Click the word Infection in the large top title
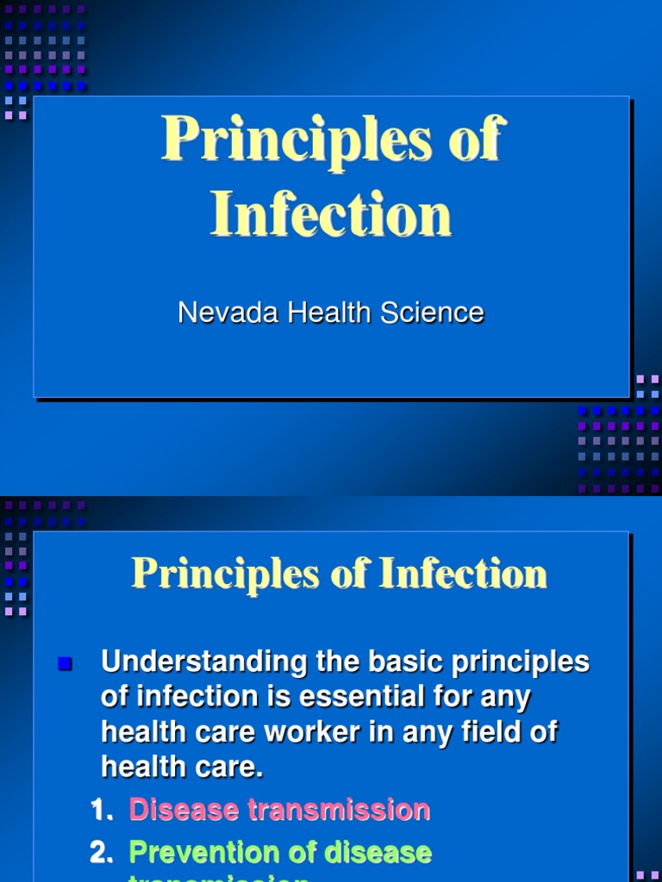pos(331,214)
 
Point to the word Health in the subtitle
pos(332,313)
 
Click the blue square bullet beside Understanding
pos(65,663)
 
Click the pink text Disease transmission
pos(279,810)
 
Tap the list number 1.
pos(102,810)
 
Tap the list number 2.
pos(102,853)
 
